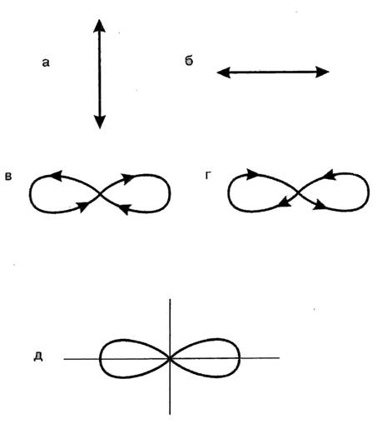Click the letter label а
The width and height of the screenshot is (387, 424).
click(x=46, y=62)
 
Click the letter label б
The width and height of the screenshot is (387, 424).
click(x=189, y=61)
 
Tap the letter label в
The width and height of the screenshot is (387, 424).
click(x=8, y=177)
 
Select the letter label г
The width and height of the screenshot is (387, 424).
click(x=208, y=176)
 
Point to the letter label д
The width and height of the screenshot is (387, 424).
click(x=38, y=357)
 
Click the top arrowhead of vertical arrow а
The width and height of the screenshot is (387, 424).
click(x=99, y=26)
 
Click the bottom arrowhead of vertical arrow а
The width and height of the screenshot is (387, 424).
click(x=100, y=122)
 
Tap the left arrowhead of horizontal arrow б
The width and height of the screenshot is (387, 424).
click(x=224, y=72)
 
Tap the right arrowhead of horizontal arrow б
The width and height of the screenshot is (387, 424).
click(x=322, y=72)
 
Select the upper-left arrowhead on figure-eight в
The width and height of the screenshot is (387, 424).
click(x=57, y=176)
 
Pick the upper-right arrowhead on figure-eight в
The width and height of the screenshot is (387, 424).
click(x=128, y=178)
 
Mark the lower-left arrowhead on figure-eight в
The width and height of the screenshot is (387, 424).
click(x=82, y=206)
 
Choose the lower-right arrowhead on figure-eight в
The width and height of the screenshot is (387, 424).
click(x=124, y=208)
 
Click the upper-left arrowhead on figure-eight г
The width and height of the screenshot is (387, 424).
click(x=252, y=174)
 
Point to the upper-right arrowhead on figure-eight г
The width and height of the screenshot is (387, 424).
click(x=330, y=174)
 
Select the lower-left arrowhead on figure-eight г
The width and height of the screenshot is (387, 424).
click(x=284, y=202)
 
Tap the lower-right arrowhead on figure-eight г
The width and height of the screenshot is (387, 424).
click(x=320, y=205)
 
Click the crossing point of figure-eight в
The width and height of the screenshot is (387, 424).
click(x=100, y=193)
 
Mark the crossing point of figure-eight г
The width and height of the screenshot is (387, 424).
click(x=299, y=192)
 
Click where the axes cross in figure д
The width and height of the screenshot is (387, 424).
click(x=170, y=358)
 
